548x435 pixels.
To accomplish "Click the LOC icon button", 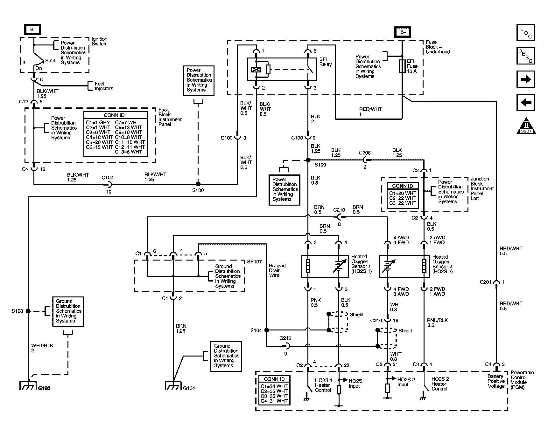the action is click(526, 33).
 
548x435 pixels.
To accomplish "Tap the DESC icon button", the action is click(526, 56).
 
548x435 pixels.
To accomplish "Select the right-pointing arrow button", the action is click(526, 79).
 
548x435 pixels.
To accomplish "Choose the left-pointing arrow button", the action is click(526, 102).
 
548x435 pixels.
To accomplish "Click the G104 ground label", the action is click(189, 388).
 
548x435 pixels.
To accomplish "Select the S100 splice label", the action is click(320, 165).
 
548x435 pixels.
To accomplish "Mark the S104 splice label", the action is click(256, 330).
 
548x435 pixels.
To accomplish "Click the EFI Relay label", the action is click(326, 62).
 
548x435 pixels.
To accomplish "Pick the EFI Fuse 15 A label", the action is click(412, 66).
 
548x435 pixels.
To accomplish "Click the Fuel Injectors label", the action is click(104, 86).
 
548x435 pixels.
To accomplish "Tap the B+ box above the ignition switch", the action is click(33, 30).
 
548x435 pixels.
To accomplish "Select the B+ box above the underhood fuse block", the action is click(403, 32).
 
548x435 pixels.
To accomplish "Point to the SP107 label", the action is click(255, 262).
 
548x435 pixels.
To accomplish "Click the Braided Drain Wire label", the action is click(277, 270).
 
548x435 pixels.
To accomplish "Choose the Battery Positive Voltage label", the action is click(496, 381).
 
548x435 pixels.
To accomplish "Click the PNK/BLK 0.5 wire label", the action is click(438, 323).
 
